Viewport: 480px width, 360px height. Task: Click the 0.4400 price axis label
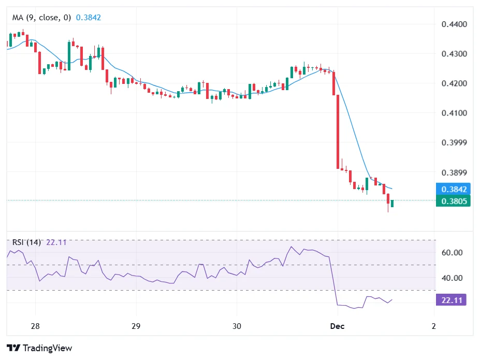(x=454, y=24)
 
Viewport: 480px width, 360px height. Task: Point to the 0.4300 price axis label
(x=454, y=54)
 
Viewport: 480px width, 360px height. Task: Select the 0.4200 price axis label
(x=454, y=83)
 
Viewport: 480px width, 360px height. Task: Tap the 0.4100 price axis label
(x=454, y=113)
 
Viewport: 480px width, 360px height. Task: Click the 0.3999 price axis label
(x=454, y=142)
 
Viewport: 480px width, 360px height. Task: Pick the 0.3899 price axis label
(x=454, y=172)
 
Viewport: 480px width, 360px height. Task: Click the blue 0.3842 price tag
(x=454, y=189)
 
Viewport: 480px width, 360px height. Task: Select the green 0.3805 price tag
(x=454, y=201)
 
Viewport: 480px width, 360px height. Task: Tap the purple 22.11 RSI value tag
(x=451, y=299)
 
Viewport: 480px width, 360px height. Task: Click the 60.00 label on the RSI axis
(x=451, y=253)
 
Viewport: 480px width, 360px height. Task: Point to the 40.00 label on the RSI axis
(x=451, y=278)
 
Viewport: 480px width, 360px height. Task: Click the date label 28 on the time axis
(x=35, y=326)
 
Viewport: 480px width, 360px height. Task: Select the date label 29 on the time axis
(x=136, y=326)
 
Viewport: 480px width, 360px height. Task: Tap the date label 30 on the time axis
(x=237, y=326)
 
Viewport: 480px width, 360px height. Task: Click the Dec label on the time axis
(x=337, y=326)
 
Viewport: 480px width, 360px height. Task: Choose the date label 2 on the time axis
(x=433, y=326)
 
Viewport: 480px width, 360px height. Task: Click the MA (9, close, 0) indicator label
(x=42, y=18)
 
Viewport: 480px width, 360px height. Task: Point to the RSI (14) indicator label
(x=26, y=242)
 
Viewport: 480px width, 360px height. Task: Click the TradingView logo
(x=39, y=348)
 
